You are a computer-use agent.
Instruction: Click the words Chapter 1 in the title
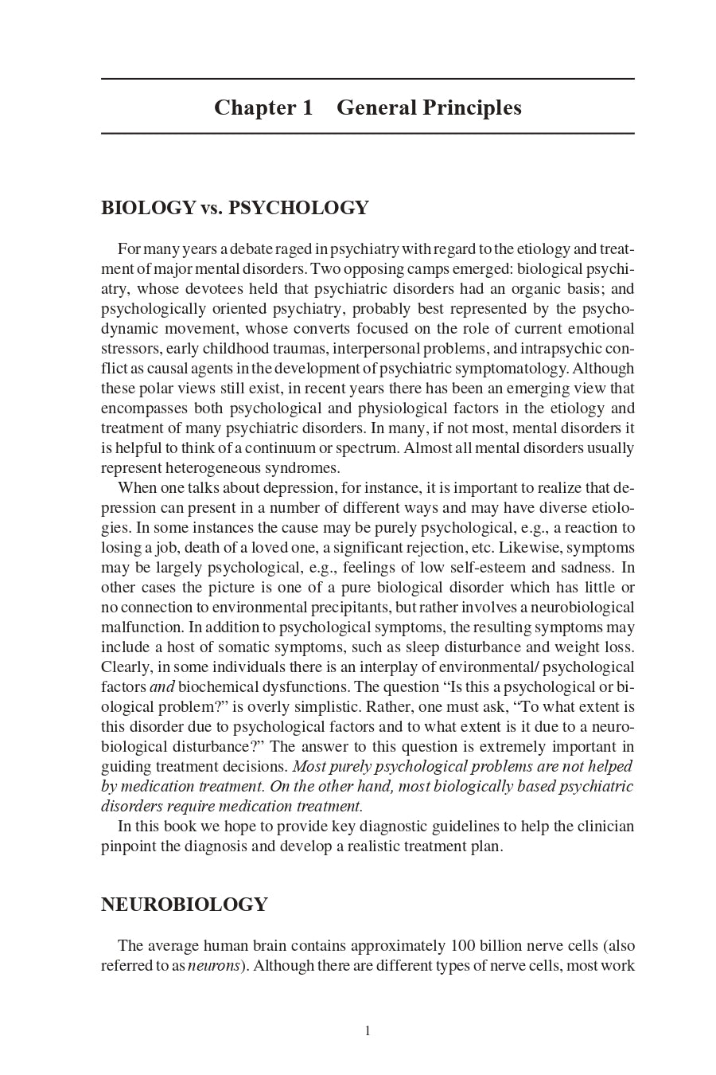pyautogui.click(x=263, y=107)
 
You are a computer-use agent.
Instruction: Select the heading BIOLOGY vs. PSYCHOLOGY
pyautogui.click(x=235, y=208)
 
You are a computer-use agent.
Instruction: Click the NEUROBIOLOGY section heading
pyautogui.click(x=184, y=905)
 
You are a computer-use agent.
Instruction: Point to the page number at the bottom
pyautogui.click(x=368, y=1031)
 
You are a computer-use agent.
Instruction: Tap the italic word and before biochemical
pyautogui.click(x=161, y=687)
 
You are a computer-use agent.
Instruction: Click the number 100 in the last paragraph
pyautogui.click(x=463, y=946)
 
